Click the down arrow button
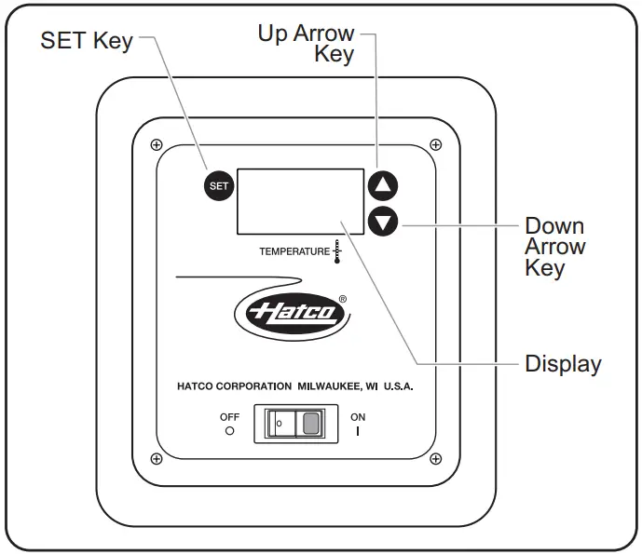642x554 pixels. click(x=382, y=222)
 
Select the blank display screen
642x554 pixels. click(x=299, y=201)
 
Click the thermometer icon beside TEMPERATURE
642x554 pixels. click(x=337, y=251)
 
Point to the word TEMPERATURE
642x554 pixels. click(x=294, y=251)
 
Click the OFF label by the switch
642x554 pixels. click(x=229, y=418)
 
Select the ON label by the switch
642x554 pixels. click(x=358, y=418)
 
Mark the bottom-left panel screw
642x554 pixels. click(x=157, y=459)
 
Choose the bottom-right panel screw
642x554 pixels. click(x=436, y=459)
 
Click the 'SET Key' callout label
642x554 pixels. click(x=86, y=41)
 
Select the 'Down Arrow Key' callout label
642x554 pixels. click(x=554, y=247)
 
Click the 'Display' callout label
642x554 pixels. click(x=563, y=364)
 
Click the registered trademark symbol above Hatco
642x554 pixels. click(x=342, y=299)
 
